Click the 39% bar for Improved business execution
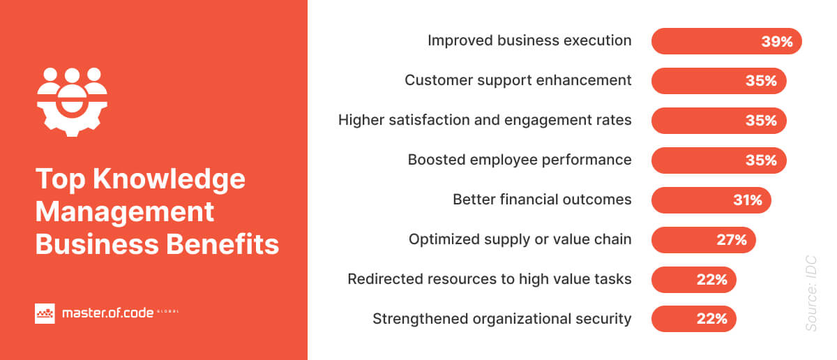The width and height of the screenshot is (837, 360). (726, 41)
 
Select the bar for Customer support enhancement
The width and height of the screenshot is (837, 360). (718, 81)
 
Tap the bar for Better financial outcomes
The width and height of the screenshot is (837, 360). (711, 200)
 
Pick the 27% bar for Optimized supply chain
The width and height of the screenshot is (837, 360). (703, 240)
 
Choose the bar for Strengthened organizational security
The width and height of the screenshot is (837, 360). (693, 320)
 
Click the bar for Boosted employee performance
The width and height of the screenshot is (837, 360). (718, 160)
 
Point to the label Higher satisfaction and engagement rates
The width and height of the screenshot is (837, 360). (485, 121)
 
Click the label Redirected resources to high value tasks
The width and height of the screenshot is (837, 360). (489, 280)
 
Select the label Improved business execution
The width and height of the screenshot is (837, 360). (529, 41)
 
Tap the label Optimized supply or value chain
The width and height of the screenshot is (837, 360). (520, 240)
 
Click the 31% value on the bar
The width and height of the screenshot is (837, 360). (747, 200)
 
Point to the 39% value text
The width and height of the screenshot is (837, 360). (777, 42)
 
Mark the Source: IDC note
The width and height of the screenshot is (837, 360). (810, 294)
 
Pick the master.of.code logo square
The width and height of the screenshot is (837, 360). (45, 313)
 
